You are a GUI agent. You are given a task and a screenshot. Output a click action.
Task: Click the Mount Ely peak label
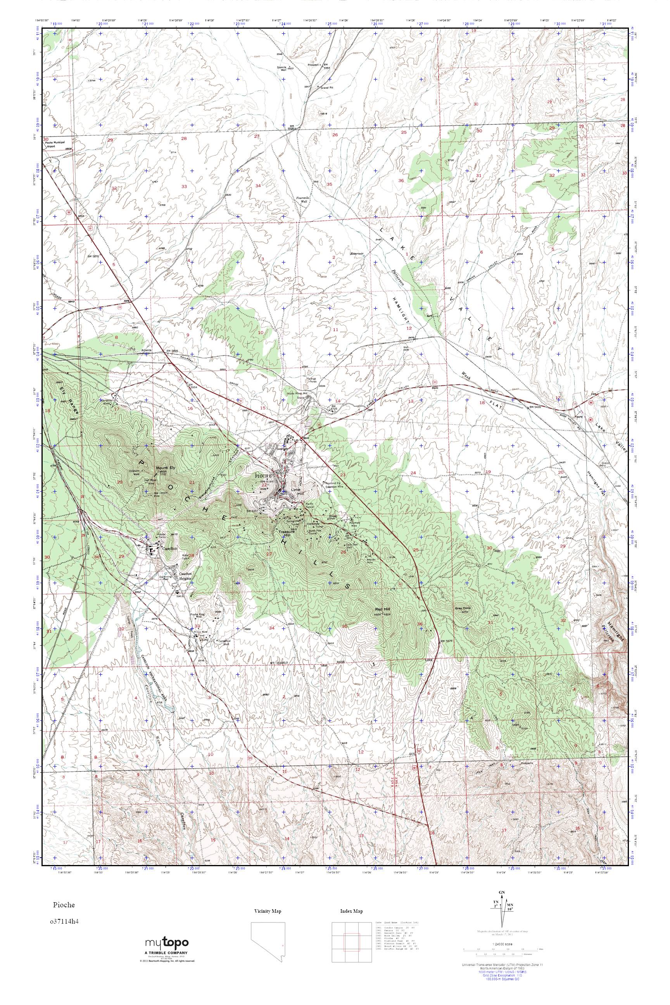coord(165,468)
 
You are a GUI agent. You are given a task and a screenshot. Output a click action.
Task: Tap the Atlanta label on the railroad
coord(147,349)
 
